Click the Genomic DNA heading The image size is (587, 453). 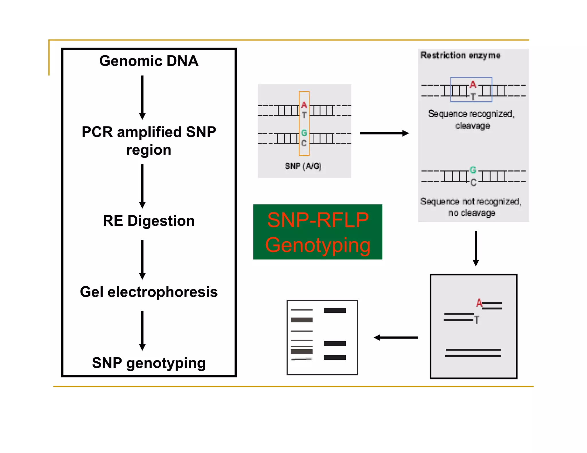click(149, 61)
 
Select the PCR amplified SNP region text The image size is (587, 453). click(149, 141)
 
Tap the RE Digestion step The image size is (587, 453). click(149, 221)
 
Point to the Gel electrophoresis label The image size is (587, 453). click(149, 292)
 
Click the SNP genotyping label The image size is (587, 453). click(149, 363)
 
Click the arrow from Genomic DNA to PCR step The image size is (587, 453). click(142, 97)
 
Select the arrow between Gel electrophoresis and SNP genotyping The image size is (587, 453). click(142, 330)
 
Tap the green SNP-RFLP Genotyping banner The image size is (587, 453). click(318, 232)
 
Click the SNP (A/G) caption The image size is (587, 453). click(303, 166)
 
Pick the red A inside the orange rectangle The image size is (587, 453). click(304, 105)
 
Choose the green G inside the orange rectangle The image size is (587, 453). click(304, 133)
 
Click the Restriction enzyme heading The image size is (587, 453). click(460, 55)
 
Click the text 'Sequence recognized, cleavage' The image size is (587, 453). click(472, 119)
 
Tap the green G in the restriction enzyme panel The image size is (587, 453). click(473, 170)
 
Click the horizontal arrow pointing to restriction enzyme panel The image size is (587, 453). click(384, 133)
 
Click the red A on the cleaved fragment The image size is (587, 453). click(479, 303)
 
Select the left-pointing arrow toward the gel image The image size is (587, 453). click(396, 338)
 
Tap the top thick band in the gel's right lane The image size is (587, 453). click(334, 310)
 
